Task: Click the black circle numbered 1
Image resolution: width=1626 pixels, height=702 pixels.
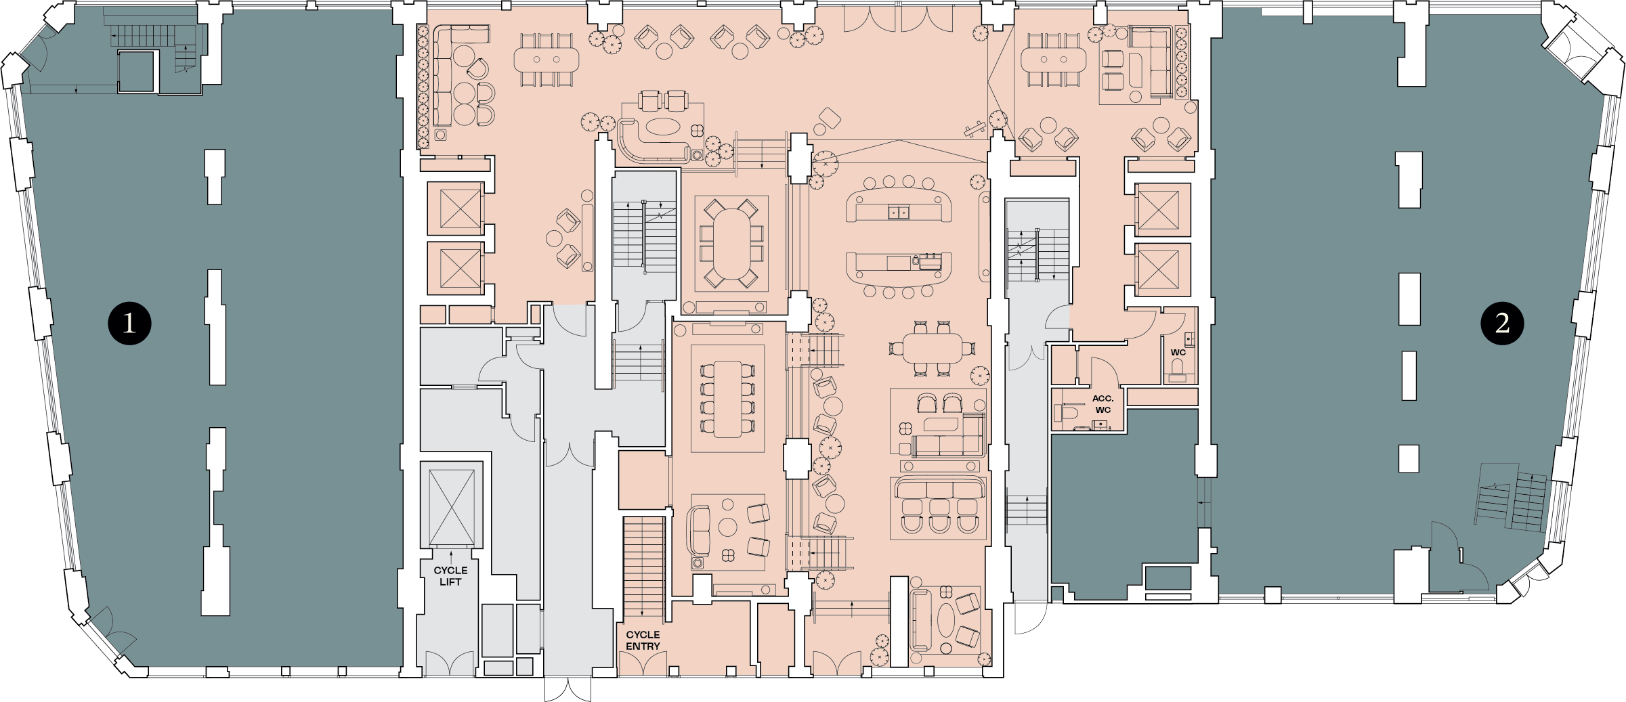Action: pyautogui.click(x=129, y=324)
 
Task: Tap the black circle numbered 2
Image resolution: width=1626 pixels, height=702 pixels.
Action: pyautogui.click(x=1502, y=323)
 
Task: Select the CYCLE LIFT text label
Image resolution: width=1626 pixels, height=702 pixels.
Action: pyautogui.click(x=450, y=576)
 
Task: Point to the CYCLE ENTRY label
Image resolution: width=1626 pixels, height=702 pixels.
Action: pyautogui.click(x=643, y=640)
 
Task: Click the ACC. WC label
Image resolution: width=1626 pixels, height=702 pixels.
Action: pyautogui.click(x=1103, y=404)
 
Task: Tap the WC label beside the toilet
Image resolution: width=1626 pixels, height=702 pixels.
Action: pyautogui.click(x=1178, y=352)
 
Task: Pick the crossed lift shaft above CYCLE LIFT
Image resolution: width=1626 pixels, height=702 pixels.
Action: pyautogui.click(x=452, y=505)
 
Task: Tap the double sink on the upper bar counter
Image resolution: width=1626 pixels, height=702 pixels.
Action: pyautogui.click(x=899, y=213)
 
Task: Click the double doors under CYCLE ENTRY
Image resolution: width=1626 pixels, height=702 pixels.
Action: pyautogui.click(x=643, y=664)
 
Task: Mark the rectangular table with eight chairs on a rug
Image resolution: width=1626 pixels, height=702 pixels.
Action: pyautogui.click(x=728, y=399)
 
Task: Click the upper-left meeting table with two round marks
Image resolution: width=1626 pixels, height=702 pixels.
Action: pyautogui.click(x=547, y=60)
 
